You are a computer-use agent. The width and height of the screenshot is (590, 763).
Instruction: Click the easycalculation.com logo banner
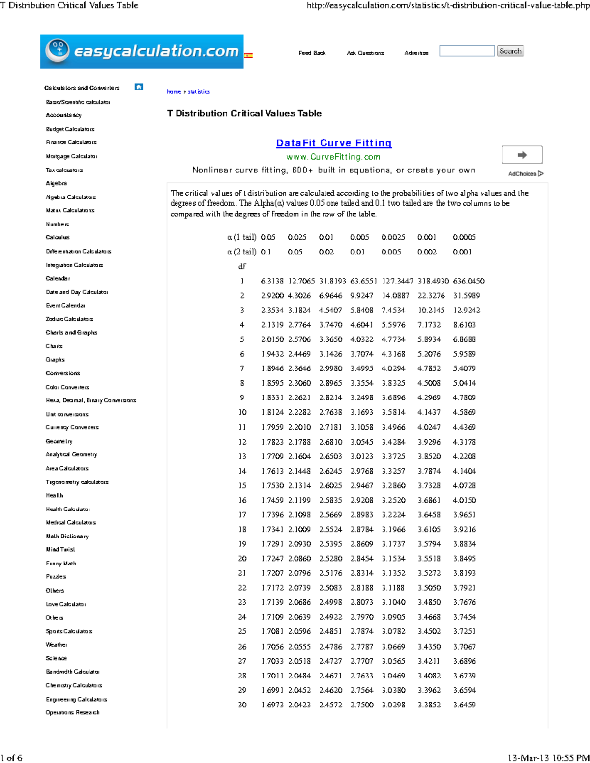[x=142, y=52]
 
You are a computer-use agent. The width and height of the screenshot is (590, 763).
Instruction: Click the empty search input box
[x=467, y=51]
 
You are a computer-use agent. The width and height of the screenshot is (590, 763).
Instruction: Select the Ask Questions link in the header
[x=365, y=53]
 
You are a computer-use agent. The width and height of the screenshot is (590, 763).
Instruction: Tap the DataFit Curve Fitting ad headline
[x=334, y=143]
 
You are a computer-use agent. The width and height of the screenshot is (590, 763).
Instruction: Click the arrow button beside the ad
[x=522, y=155]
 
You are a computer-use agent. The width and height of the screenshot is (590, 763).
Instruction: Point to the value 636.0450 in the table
[x=469, y=281]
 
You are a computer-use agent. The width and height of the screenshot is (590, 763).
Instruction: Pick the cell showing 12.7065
[x=301, y=281]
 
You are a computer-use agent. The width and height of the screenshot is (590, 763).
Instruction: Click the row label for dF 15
[x=242, y=485]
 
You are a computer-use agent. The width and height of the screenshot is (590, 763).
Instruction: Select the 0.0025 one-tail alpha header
[x=393, y=237]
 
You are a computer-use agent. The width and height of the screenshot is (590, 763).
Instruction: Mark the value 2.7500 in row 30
[x=362, y=705]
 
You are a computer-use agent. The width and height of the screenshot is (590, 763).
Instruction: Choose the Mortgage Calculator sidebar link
[x=72, y=156]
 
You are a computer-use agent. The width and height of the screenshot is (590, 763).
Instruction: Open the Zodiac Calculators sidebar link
[x=69, y=319]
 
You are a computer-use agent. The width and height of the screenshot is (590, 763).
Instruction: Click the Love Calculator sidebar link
[x=66, y=604]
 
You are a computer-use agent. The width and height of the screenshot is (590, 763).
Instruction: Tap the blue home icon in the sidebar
[x=139, y=87]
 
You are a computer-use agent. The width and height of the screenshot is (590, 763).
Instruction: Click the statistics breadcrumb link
[x=199, y=92]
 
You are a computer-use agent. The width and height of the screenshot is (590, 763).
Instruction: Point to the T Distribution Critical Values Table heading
[x=244, y=113]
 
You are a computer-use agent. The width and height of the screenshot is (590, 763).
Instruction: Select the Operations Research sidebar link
[x=73, y=712]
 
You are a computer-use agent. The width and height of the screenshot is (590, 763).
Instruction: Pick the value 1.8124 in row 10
[x=272, y=412]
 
